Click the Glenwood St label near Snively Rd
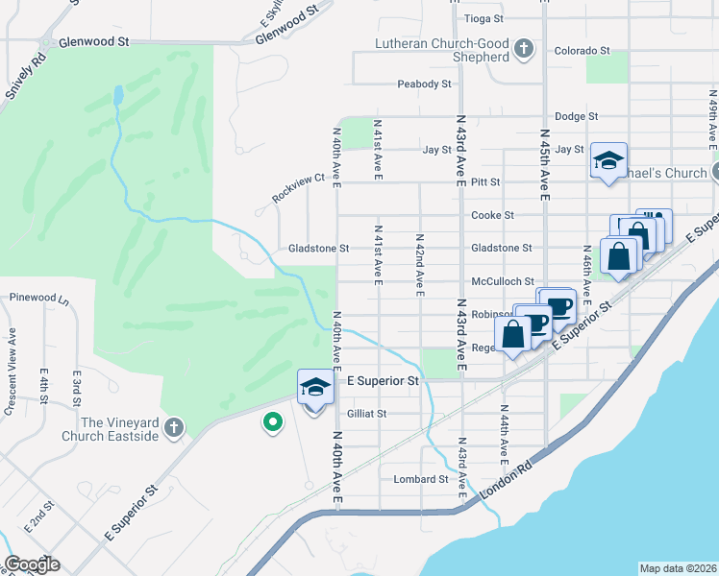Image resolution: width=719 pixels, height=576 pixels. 93,43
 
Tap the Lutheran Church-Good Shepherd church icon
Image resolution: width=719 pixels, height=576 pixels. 524,49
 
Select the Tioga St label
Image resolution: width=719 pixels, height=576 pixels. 483,18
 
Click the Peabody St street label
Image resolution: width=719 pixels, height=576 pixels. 425,84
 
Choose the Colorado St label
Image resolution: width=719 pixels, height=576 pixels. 583,50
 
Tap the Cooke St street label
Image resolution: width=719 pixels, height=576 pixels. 492,215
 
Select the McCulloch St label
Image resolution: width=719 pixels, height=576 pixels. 502,281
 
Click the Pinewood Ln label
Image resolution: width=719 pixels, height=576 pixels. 37,299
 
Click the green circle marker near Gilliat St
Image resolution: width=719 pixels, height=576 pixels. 273,420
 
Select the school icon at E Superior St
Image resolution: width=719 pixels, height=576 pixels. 313,388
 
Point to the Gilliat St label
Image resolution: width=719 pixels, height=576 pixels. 365,414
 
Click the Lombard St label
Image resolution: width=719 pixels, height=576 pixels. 421,478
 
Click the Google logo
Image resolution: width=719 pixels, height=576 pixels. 33,564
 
